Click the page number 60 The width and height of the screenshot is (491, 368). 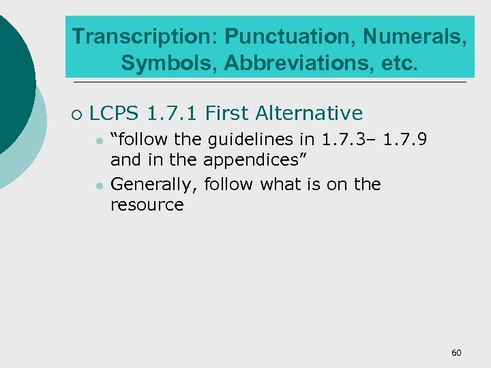[x=456, y=352]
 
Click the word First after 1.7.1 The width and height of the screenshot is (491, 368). [x=228, y=112]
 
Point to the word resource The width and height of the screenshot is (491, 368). [x=147, y=204]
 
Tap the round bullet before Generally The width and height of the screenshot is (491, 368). [x=100, y=185]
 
